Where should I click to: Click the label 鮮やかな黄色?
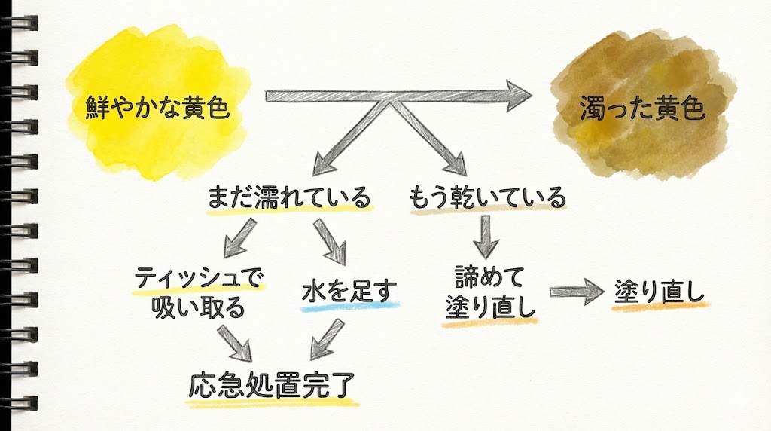tap(156, 111)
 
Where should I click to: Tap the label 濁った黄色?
tap(641, 111)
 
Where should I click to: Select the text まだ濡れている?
tap(289, 198)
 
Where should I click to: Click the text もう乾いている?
tap(486, 198)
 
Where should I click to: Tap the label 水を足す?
tap(349, 289)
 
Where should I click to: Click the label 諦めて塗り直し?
tap(489, 293)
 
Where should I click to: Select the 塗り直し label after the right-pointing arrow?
tap(660, 291)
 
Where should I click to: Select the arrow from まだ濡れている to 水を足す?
tap(331, 240)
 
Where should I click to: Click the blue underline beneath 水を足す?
tap(349, 306)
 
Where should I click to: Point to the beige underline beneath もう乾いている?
tap(486, 213)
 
